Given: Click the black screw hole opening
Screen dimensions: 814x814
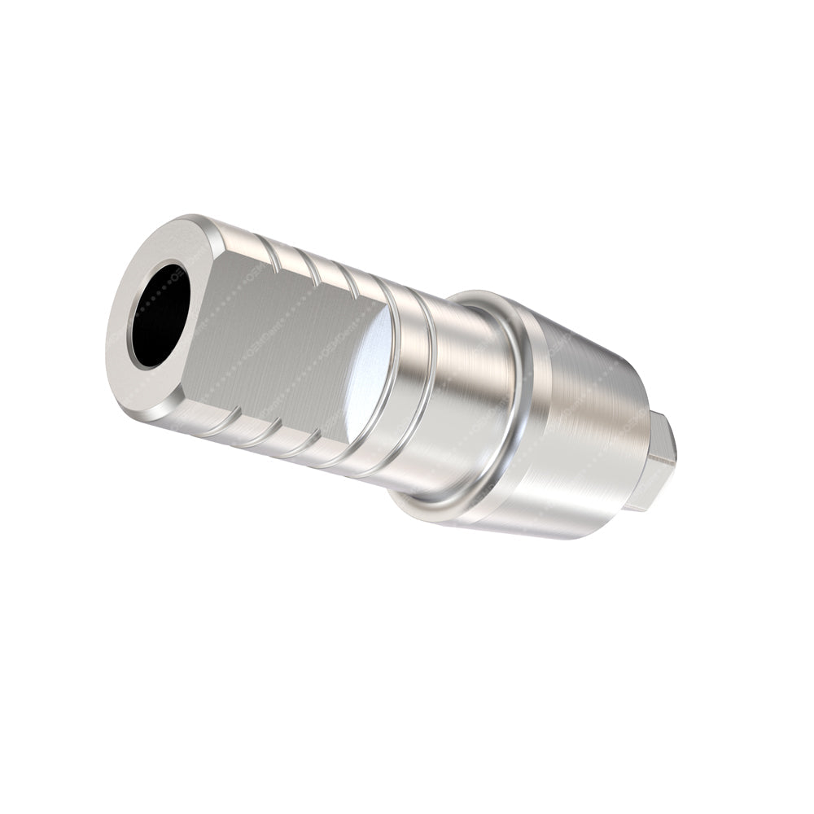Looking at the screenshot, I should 160,313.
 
